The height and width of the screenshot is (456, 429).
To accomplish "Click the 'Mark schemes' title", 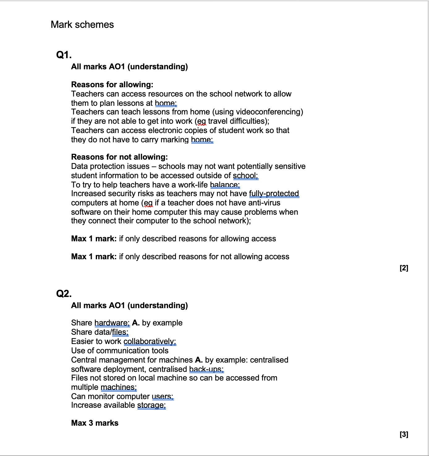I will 82,24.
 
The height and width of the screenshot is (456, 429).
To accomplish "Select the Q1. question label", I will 64,55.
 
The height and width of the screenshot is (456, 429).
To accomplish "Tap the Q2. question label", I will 64,293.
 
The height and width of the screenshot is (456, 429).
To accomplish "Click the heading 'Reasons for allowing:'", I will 112,84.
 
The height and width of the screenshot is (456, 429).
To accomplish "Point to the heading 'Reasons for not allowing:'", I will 119,157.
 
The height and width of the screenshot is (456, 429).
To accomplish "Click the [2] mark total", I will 404,268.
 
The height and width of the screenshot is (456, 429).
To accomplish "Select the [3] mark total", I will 404,434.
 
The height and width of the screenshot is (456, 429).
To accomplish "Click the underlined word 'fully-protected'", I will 274,193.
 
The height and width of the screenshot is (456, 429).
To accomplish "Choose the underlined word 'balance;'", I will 225,185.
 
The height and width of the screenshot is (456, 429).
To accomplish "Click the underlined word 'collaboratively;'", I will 150,341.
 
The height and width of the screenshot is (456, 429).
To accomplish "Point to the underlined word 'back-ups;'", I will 206,369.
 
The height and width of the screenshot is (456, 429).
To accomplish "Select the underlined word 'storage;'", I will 151,405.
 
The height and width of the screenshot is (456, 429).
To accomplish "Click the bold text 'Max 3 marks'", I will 95,423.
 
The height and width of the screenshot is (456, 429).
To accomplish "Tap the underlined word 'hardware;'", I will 112,323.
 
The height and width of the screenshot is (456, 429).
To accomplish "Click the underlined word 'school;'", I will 245,175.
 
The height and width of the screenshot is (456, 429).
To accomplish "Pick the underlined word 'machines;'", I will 119,387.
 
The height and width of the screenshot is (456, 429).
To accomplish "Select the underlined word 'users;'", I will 163,396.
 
